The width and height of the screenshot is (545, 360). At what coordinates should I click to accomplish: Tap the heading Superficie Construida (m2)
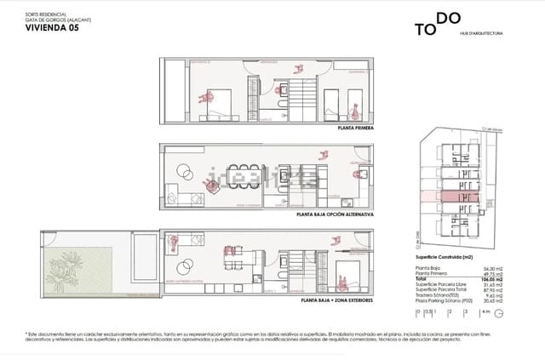tap(445, 256)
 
